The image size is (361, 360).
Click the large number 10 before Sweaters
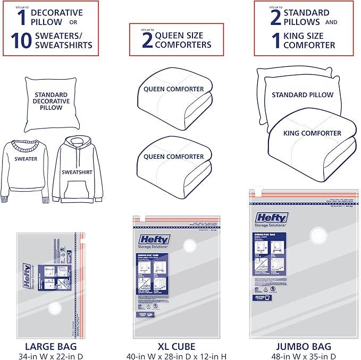click(21, 40)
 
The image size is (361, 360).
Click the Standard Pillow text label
click(303, 95)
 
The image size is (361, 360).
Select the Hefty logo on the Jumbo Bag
click(272, 218)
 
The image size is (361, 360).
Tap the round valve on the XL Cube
click(189, 245)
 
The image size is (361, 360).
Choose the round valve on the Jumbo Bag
click(319, 233)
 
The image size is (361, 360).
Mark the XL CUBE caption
click(175, 344)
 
